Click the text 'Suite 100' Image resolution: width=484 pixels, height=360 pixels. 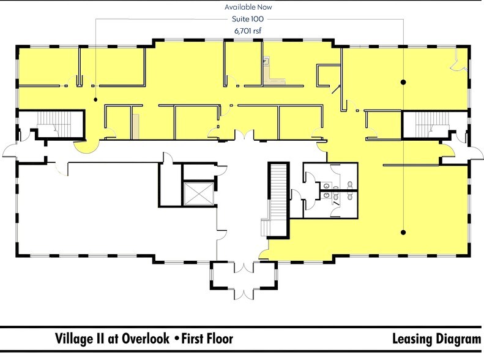coord(248,19)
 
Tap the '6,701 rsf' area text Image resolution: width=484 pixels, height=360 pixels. coord(248,31)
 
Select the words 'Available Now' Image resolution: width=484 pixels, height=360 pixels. coord(248,7)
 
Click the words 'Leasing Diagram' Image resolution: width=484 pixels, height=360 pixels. coord(436,339)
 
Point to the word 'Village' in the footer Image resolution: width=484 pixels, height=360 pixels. coord(72,339)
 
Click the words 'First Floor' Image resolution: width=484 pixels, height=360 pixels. coord(207,339)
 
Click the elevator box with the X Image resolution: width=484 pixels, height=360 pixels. coord(199,193)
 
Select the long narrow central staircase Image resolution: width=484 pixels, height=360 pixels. coord(280,200)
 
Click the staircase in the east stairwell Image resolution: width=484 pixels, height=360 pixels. coord(432,124)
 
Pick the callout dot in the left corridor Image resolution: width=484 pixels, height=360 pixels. coord(95,99)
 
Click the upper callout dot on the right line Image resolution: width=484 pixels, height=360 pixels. coord(403,82)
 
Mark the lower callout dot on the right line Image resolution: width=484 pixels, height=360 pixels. coord(403,232)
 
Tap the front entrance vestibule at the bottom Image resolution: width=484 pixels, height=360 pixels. coord(244,276)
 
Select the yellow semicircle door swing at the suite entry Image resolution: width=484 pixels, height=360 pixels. coord(86,147)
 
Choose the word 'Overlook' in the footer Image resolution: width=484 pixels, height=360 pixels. coord(146,339)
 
